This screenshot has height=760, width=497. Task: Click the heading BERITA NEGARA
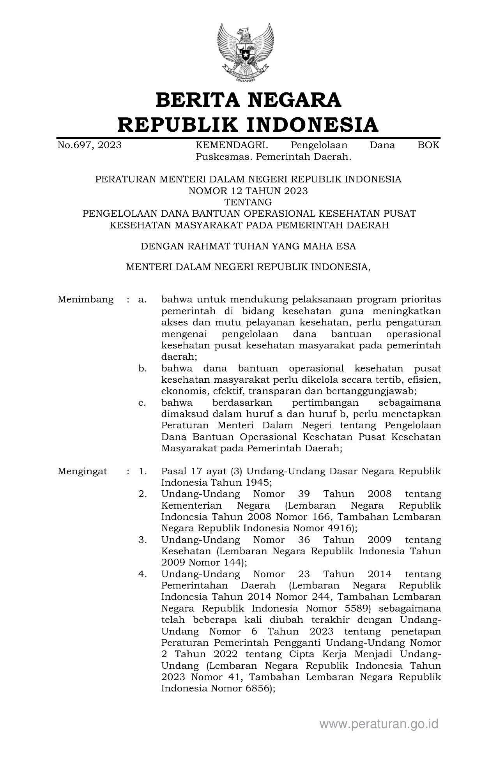[248, 100]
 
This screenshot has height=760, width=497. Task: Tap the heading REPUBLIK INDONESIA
[248, 125]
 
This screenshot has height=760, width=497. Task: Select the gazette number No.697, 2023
[89, 145]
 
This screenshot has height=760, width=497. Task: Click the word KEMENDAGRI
[231, 145]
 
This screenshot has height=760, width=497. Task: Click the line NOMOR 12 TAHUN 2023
[248, 191]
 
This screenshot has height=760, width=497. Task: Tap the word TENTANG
[248, 202]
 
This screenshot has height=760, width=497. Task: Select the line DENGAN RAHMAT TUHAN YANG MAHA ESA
[248, 246]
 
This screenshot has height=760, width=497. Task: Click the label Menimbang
[85, 300]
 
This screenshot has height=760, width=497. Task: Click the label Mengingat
[82, 471]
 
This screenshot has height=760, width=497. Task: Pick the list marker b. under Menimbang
[142, 368]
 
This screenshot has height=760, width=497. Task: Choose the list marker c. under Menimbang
[142, 403]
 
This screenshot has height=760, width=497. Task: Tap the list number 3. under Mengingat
[142, 540]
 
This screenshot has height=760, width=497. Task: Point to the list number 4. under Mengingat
[142, 574]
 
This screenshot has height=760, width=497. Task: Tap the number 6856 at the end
[257, 688]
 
